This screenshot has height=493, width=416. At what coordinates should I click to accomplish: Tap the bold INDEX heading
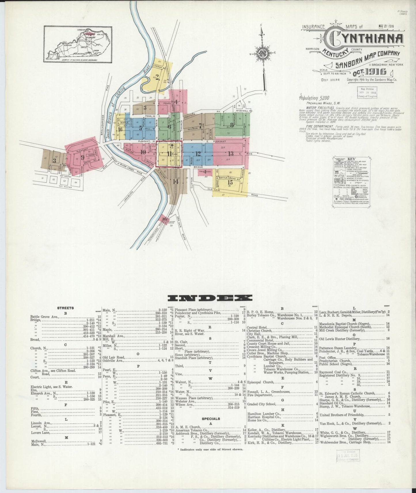point(210,298)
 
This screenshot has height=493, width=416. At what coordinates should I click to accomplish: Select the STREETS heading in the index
point(66,308)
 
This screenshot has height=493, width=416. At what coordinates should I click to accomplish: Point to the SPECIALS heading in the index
point(211,419)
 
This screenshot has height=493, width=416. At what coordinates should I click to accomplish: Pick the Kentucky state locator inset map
point(78,44)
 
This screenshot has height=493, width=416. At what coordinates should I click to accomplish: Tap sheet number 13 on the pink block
point(231,153)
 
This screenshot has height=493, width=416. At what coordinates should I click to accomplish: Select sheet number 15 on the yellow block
point(230,182)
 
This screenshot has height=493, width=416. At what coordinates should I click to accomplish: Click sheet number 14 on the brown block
point(176,182)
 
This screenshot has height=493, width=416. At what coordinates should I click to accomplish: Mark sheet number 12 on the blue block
point(198,154)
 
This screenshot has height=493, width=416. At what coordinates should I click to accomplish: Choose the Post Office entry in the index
point(328,358)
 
